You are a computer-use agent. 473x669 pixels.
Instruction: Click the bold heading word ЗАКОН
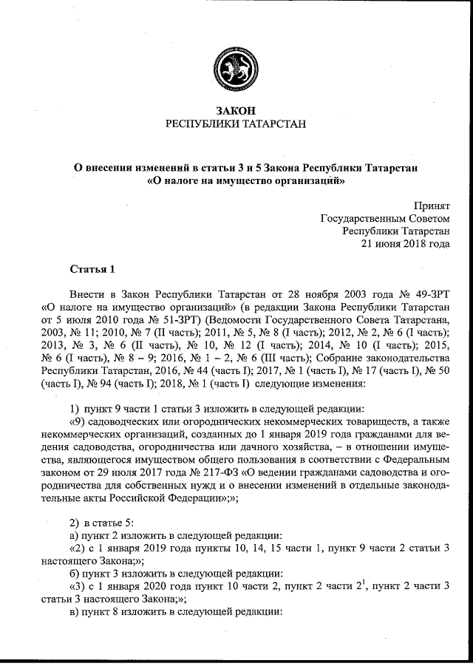point(236,110)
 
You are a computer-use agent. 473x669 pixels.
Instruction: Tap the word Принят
point(432,205)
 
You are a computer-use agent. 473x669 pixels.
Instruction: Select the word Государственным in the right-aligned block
point(384,217)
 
